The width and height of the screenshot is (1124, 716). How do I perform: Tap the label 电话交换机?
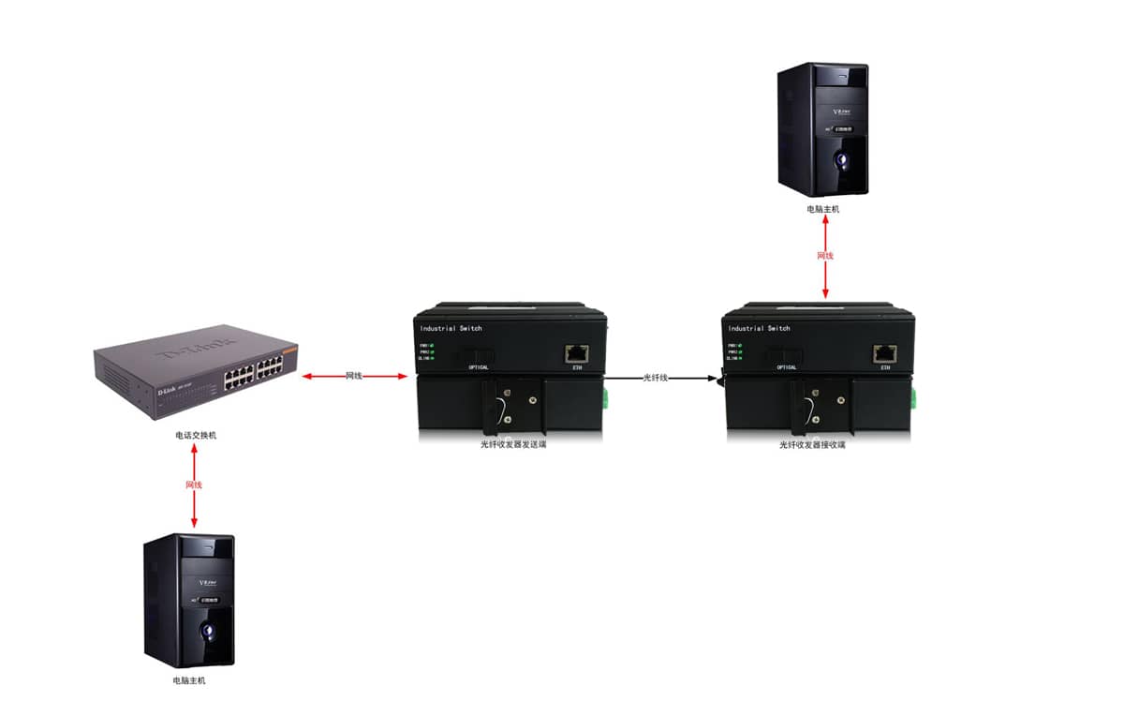[195, 436]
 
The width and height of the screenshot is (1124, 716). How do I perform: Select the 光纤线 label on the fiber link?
[656, 377]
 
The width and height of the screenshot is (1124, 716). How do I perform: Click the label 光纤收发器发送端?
[513, 445]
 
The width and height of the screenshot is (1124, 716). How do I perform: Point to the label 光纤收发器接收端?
[812, 445]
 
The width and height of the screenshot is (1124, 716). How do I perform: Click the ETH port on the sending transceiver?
[577, 353]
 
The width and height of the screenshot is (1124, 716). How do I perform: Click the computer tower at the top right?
[825, 129]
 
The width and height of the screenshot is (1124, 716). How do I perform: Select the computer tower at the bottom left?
[188, 600]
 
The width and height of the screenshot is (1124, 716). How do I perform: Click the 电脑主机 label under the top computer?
[823, 210]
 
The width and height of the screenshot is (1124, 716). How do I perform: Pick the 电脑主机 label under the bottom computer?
[188, 680]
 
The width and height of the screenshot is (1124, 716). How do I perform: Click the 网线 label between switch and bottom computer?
[194, 485]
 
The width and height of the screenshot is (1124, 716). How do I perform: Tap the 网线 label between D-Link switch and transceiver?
[354, 376]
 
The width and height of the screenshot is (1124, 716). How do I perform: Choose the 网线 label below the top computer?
[825, 255]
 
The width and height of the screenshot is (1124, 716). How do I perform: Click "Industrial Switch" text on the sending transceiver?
[451, 329]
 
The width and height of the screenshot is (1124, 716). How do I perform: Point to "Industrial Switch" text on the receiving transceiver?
[759, 329]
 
